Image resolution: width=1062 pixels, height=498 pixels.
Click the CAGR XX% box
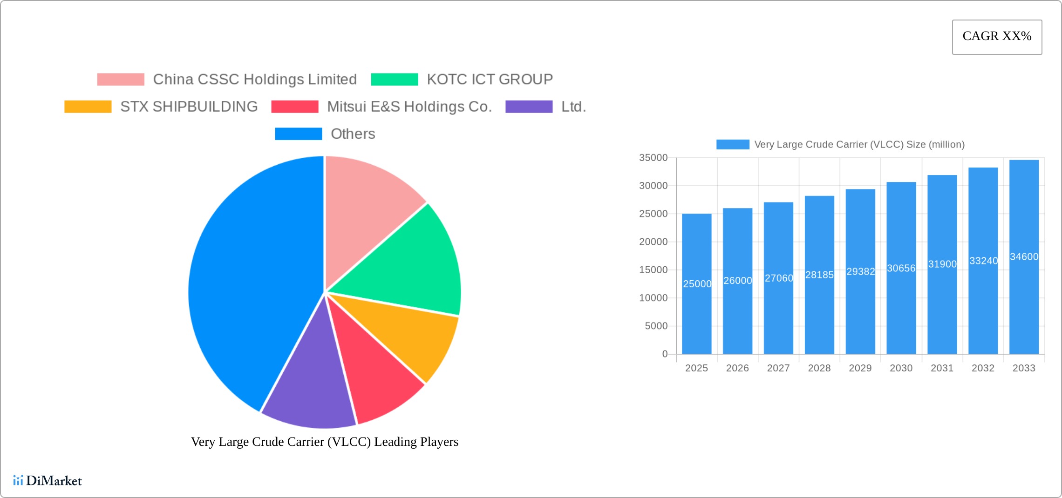click(x=997, y=37)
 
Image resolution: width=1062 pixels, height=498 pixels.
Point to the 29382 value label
click(x=860, y=271)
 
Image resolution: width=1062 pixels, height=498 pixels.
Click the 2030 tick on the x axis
click(x=901, y=368)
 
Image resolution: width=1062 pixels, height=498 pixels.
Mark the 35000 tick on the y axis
click(x=653, y=158)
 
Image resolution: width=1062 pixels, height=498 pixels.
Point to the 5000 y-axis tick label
click(x=656, y=326)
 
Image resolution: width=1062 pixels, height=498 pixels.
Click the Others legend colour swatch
click(x=298, y=134)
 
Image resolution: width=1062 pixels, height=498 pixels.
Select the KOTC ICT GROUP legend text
click(x=490, y=80)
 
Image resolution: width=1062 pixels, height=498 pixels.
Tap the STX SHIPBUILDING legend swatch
click(x=88, y=107)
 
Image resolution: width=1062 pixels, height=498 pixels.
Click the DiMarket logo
click(x=48, y=480)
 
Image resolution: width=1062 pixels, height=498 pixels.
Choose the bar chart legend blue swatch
click(x=732, y=144)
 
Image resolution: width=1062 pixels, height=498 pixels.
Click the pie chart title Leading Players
click(x=324, y=441)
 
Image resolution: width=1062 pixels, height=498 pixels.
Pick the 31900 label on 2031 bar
click(x=942, y=264)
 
